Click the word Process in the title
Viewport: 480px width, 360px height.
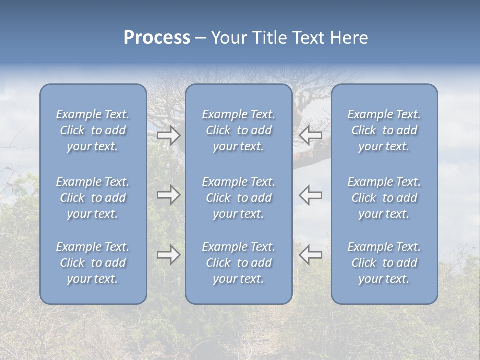[157, 38]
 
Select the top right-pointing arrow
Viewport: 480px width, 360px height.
[168, 135]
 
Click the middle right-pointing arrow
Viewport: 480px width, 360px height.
[168, 195]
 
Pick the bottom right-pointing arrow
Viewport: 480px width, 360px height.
[168, 255]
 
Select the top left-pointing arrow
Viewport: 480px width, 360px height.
[311, 135]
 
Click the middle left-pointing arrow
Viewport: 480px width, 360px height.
[311, 195]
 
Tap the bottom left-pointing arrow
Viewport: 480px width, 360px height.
[311, 255]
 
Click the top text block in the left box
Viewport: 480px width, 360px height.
[93, 130]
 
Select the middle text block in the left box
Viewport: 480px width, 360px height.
[93, 198]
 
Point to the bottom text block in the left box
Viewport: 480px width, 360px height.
[93, 263]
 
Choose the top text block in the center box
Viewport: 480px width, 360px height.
[238, 130]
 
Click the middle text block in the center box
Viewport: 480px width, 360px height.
[238, 198]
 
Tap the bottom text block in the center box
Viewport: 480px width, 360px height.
[238, 263]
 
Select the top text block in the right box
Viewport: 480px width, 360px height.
[384, 130]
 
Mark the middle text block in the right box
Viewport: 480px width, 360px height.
[384, 198]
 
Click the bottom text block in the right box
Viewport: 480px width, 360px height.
[384, 263]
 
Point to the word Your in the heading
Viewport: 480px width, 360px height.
[228, 38]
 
